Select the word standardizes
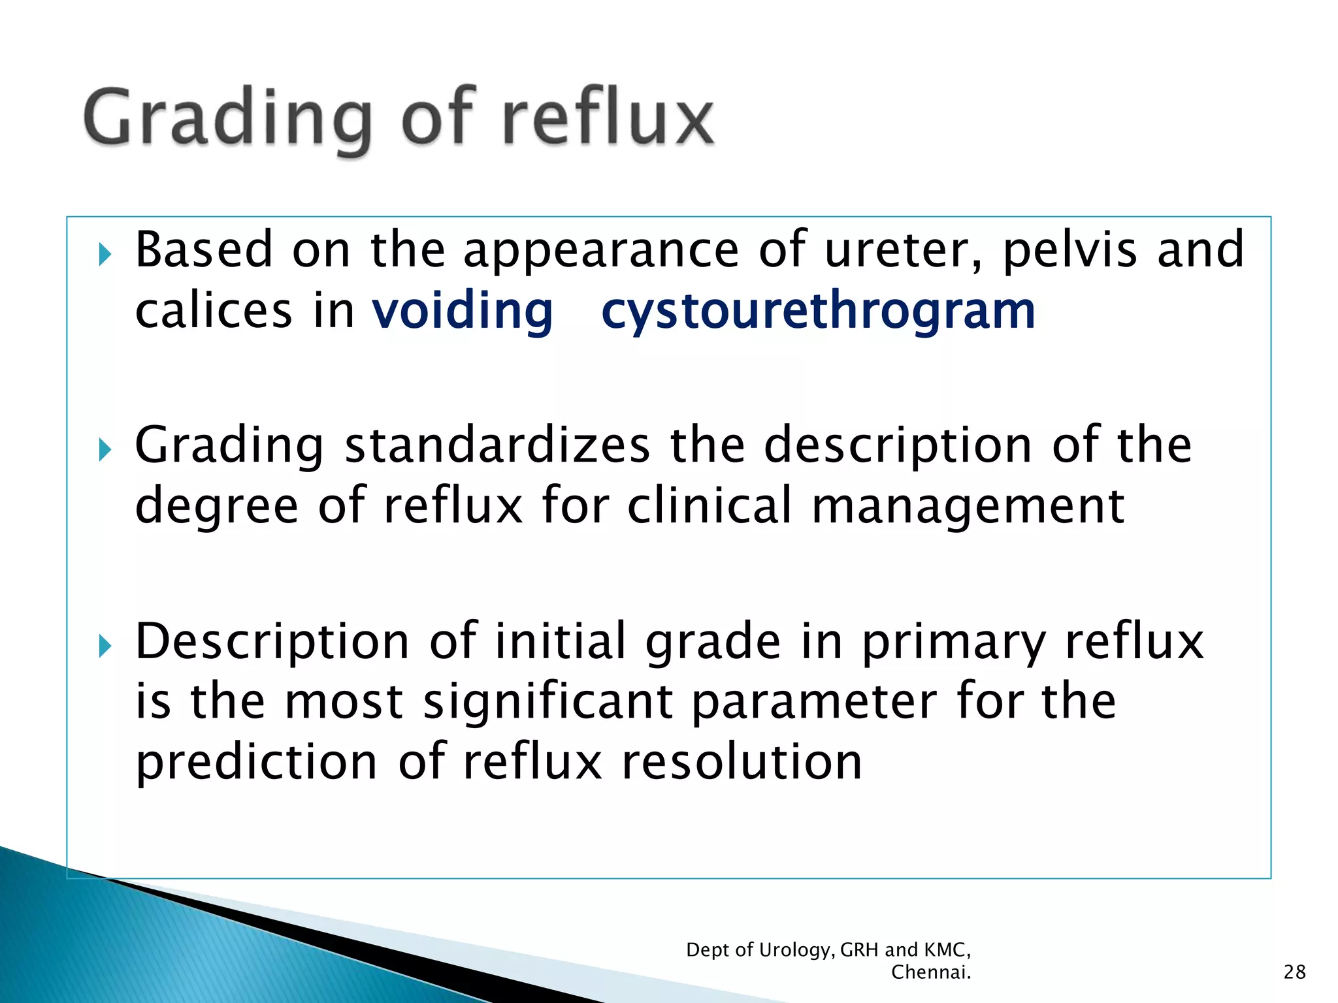497,445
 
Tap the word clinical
710,505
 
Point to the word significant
548,703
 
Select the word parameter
814,703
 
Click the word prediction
257,763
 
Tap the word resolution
742,763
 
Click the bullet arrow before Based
105,254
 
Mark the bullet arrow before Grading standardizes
105,449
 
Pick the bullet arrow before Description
105,646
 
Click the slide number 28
1294,972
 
